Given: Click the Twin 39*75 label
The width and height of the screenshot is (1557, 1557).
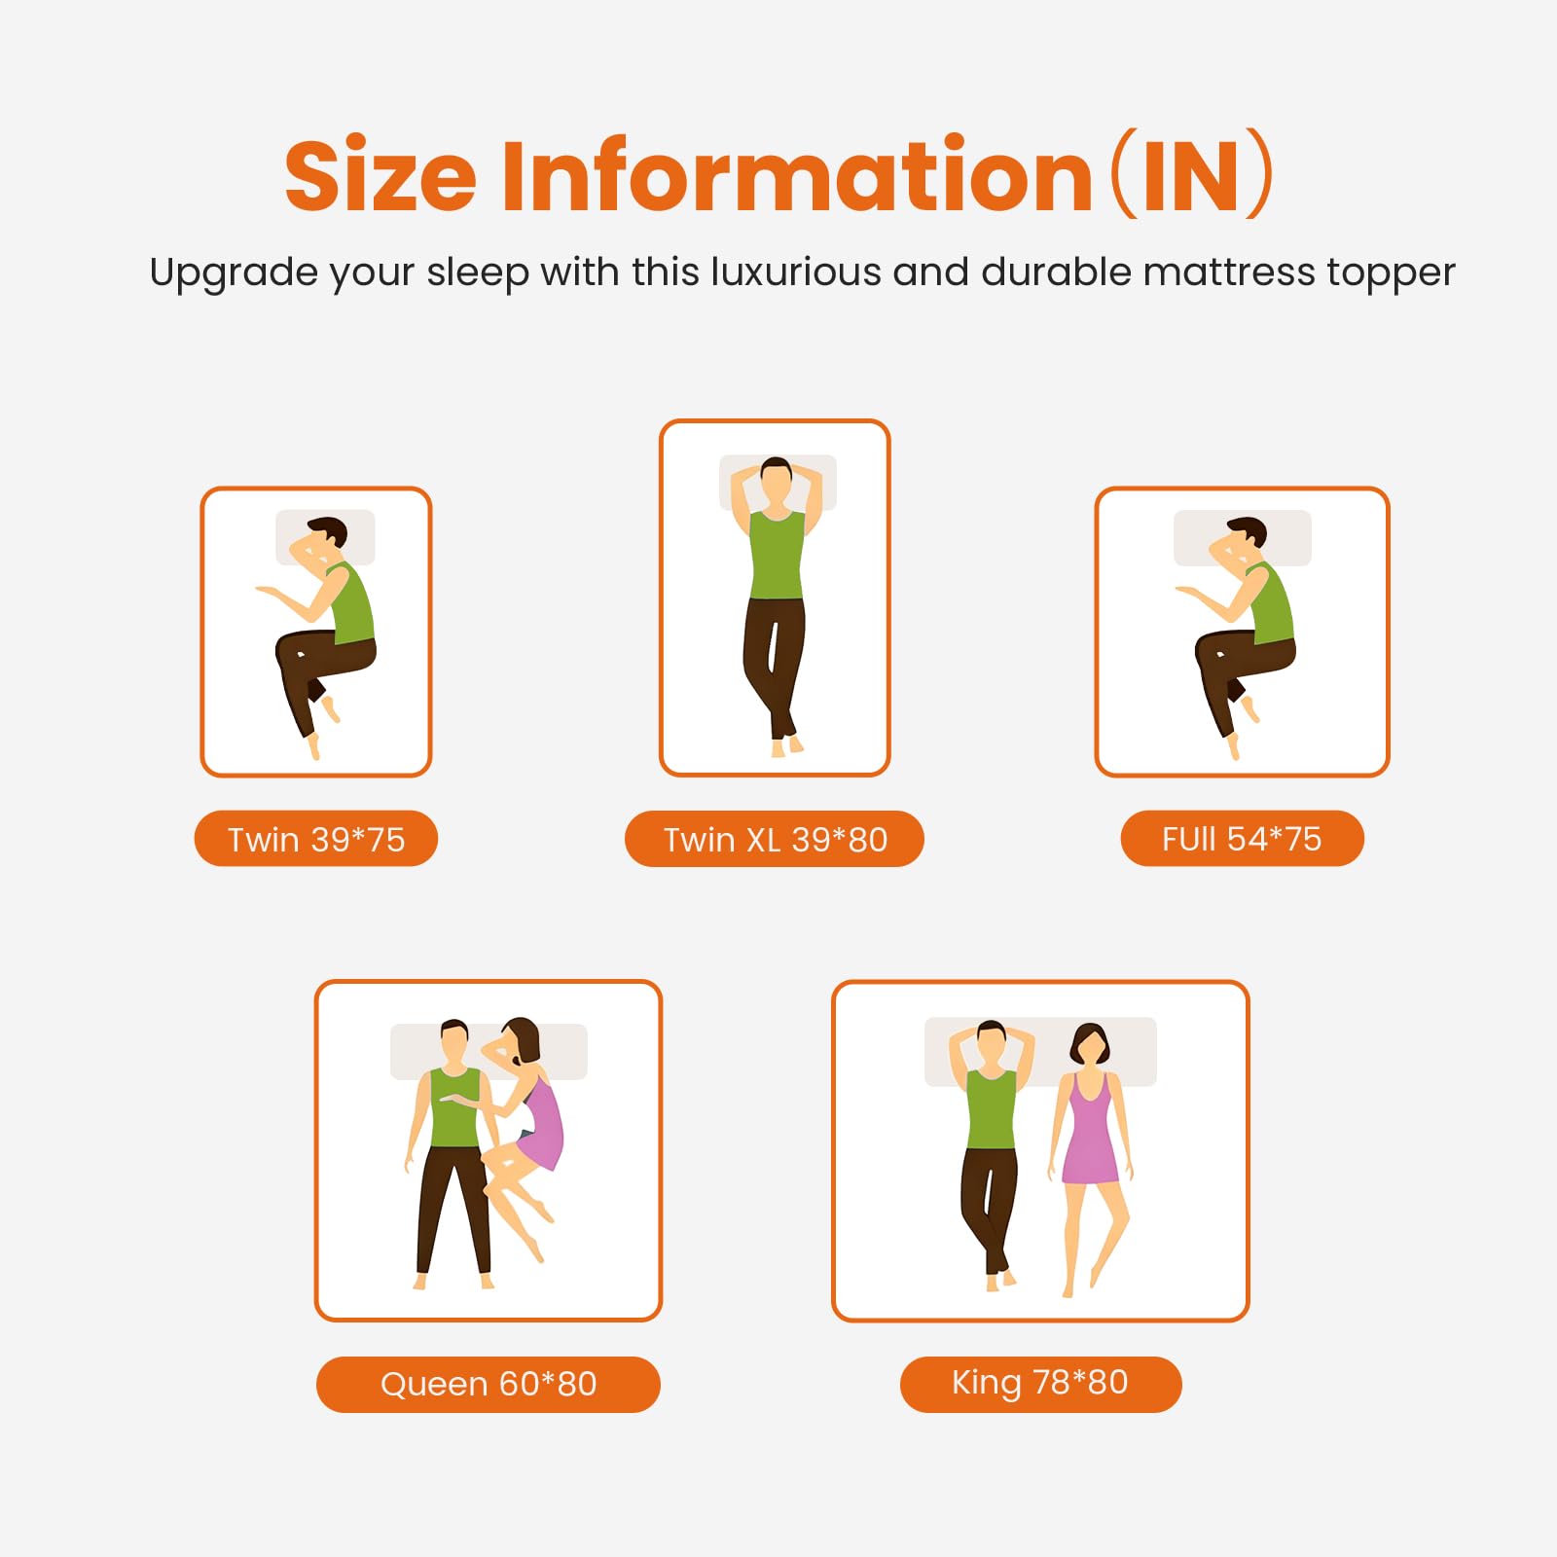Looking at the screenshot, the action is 316,839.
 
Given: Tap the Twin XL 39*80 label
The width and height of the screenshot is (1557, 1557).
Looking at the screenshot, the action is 775,839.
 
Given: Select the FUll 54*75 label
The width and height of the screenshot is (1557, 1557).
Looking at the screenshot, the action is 1242,838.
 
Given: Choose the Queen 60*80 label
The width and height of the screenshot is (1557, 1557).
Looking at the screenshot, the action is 489,1384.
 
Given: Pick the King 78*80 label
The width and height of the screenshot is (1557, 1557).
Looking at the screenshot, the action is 1040,1383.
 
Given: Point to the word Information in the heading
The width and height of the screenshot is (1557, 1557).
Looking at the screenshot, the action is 797,174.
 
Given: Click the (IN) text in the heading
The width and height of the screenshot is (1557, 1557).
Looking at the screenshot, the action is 1191,175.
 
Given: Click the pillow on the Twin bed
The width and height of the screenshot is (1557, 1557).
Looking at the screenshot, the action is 325,537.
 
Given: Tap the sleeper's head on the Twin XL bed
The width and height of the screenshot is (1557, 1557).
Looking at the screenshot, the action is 777,482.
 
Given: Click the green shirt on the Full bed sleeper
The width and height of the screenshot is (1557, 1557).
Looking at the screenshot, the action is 1273,603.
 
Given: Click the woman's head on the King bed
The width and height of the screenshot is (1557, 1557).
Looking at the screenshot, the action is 1089,1045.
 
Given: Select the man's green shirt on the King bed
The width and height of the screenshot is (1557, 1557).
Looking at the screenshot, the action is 991,1109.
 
